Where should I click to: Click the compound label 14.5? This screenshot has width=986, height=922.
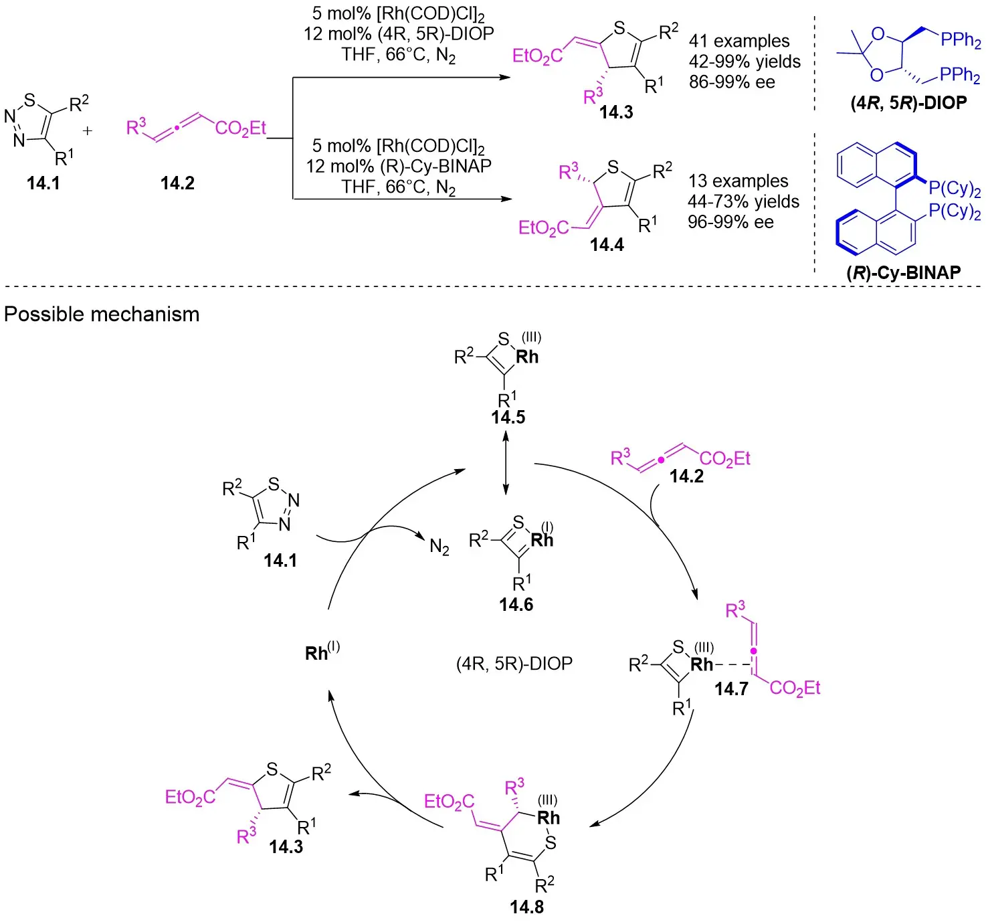(x=508, y=418)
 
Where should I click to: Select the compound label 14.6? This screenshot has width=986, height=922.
(x=516, y=605)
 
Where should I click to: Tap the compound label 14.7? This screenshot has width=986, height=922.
(x=731, y=688)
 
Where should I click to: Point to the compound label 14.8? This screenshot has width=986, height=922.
(x=526, y=907)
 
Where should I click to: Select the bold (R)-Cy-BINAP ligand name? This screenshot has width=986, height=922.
(x=904, y=272)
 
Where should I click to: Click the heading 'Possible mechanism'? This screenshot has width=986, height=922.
(x=102, y=314)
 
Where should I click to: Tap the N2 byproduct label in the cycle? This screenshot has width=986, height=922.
(x=439, y=547)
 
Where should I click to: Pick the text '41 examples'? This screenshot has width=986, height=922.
(x=739, y=41)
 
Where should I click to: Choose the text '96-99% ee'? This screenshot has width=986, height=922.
(x=730, y=222)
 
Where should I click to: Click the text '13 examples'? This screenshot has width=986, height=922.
(x=738, y=181)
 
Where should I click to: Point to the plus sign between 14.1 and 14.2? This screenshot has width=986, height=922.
(x=88, y=131)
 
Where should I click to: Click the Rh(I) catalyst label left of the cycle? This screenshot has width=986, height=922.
(x=322, y=652)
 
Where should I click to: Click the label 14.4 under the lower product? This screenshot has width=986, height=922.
(x=607, y=245)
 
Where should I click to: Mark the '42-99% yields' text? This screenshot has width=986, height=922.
(x=745, y=62)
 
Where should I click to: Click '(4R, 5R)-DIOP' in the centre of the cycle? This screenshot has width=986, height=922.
(x=514, y=664)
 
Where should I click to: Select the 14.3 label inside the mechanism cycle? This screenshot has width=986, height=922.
(x=286, y=847)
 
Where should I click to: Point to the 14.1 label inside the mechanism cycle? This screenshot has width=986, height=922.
(x=280, y=561)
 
